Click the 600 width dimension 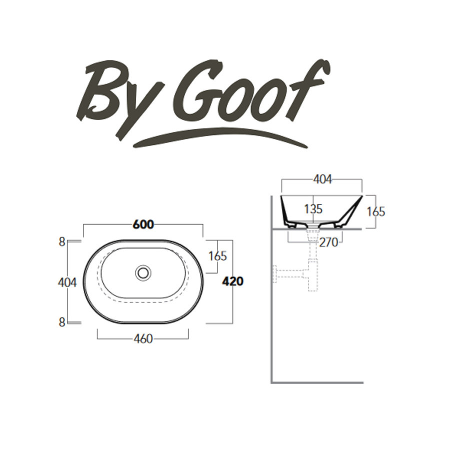click(143, 225)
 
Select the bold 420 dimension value click(232, 281)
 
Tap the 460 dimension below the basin click(143, 339)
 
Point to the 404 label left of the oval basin click(67, 282)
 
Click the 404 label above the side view click(321, 179)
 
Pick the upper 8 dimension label click(61, 242)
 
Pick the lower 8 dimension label click(61, 322)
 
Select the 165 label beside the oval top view click(217, 256)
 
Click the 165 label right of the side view click(375, 211)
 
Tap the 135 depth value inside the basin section click(313, 209)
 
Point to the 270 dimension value click(328, 242)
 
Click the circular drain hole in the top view click(143, 272)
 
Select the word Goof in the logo click(250, 92)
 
